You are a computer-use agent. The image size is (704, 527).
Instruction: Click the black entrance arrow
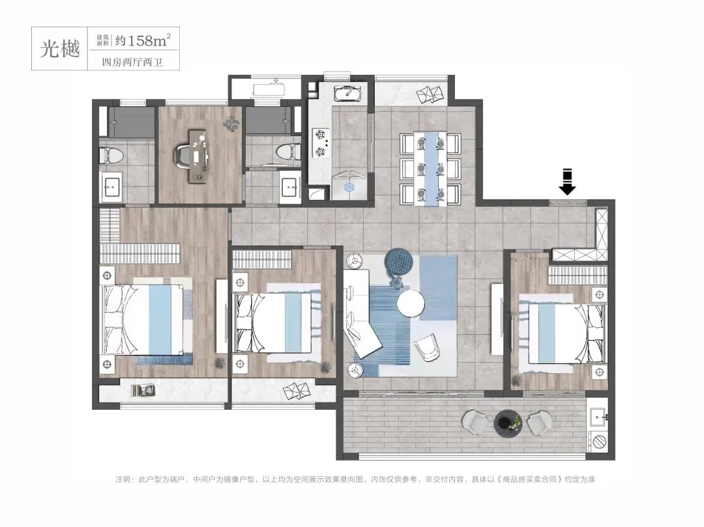tap(567, 182)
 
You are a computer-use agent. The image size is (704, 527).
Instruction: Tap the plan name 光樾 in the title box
tap(60, 48)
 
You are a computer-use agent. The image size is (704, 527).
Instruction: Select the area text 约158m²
tap(143, 41)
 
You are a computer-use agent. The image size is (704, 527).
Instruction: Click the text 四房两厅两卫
tap(132, 63)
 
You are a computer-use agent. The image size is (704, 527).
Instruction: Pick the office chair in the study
tap(184, 155)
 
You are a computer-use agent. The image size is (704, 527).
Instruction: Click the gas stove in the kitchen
tap(321, 143)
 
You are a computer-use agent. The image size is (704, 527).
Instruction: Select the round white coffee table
tap(411, 303)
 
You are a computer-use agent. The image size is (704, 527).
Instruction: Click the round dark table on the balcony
tap(508, 423)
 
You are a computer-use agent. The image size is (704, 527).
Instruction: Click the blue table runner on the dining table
tap(431, 169)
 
